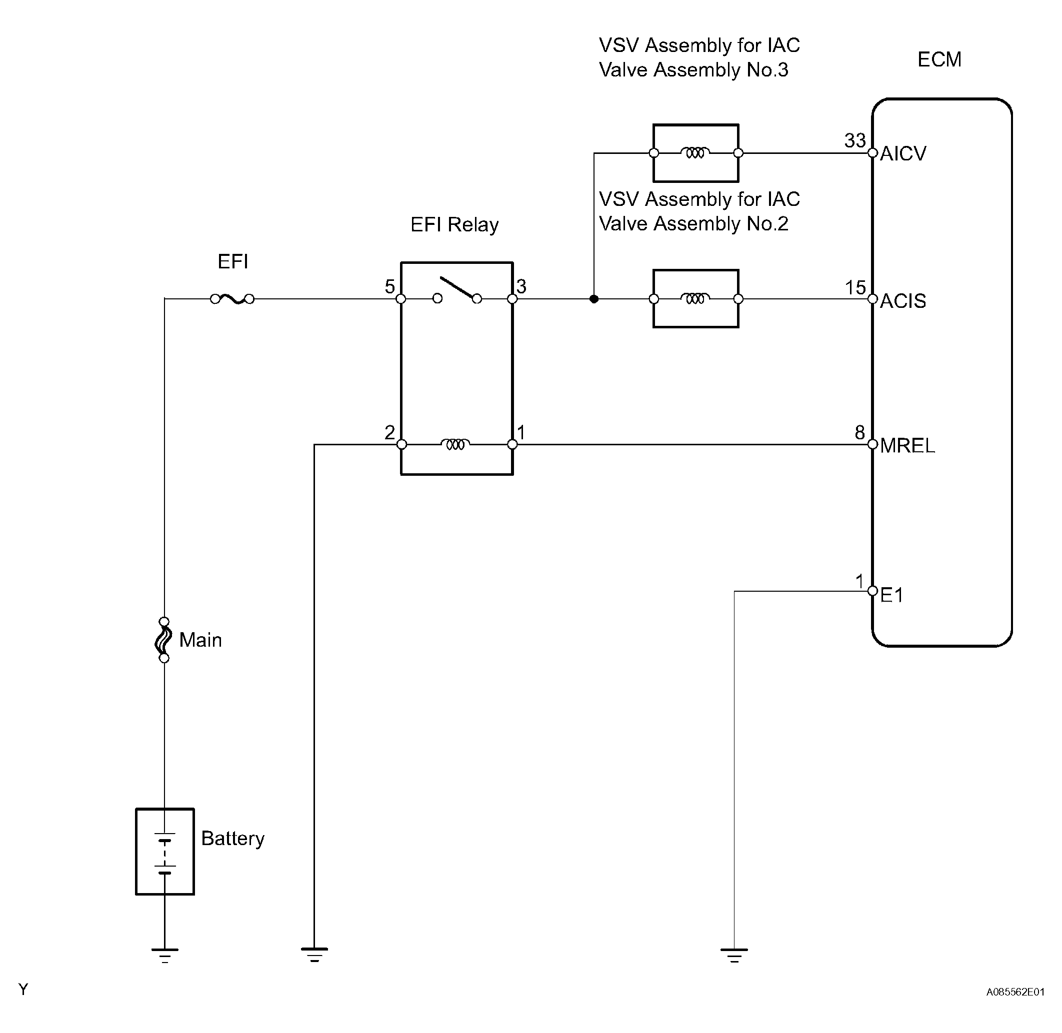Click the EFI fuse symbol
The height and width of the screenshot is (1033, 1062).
[x=232, y=298]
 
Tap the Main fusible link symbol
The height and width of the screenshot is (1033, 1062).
[x=164, y=640]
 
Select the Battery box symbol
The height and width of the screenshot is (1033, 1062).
[x=165, y=851]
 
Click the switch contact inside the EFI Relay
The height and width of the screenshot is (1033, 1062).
[x=457, y=290]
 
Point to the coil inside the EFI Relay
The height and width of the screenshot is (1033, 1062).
[x=456, y=444]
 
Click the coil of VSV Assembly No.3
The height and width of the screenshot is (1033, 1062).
[x=695, y=153]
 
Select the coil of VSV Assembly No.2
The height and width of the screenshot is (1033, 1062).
[x=695, y=298]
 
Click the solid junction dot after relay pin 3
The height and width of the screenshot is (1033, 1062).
[x=594, y=299]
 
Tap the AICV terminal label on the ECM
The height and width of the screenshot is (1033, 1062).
[x=903, y=154]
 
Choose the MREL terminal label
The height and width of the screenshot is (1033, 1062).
[x=907, y=446]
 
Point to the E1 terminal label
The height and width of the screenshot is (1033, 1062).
[x=891, y=595]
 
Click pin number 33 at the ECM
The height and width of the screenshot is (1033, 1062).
[x=854, y=140]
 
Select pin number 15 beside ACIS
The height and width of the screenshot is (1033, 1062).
[x=855, y=287]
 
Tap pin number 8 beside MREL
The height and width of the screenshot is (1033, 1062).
[x=859, y=432]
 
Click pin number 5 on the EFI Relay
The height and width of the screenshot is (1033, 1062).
[x=389, y=286]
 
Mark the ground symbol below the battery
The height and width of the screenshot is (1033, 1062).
[x=165, y=956]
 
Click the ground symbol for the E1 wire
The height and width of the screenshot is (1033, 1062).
[x=734, y=956]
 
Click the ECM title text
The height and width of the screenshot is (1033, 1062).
[x=939, y=59]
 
